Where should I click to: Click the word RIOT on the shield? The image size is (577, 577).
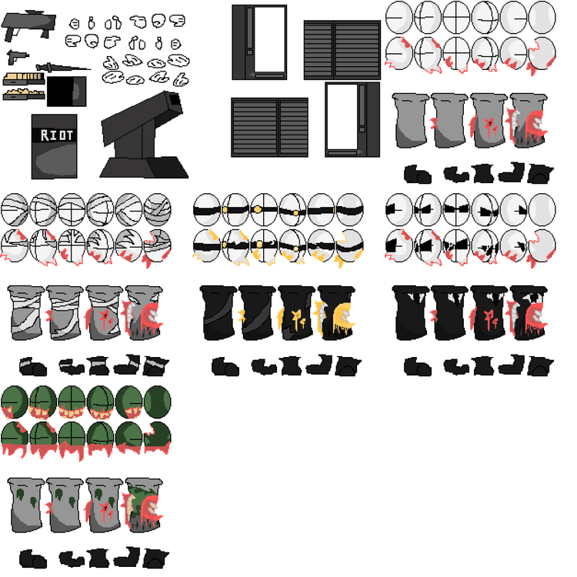coord(56,135)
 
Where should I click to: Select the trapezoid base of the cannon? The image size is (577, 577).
coord(144,168)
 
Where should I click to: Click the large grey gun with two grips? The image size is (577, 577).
coord(28,25)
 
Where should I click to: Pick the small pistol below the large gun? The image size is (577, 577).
coord(17,57)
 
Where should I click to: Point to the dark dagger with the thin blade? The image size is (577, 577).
coord(62,68)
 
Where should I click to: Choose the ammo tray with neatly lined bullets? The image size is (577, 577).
coord(24,78)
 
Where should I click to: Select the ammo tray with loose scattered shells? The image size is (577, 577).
coord(24,94)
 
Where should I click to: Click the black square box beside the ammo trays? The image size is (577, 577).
coord(67,92)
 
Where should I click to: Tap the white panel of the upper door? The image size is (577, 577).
coord(270,39)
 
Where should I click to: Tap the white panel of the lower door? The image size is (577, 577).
coord(342,117)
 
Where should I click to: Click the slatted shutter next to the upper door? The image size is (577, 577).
coord(342,50)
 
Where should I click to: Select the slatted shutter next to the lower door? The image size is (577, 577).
coord(270,127)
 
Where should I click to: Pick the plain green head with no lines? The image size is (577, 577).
coord(158,402)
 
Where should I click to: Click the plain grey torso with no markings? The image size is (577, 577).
coord(410,120)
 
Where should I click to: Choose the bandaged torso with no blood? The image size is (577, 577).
coord(25,313)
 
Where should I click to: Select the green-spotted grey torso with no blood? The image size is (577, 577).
coord(25,505)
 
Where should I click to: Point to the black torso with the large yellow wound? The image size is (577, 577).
coord(335,313)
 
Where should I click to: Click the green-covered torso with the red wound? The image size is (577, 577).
coord(144,505)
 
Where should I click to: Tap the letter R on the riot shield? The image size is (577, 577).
coord(45,135)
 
